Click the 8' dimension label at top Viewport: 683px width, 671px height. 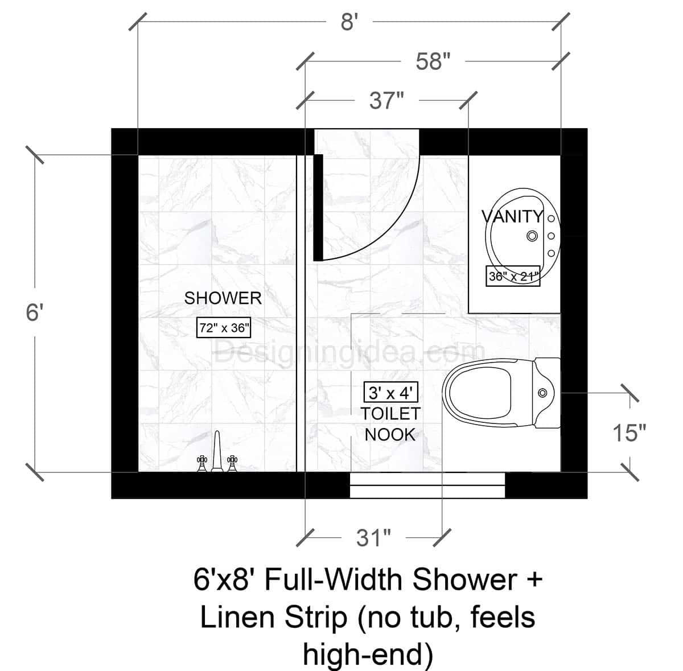349,23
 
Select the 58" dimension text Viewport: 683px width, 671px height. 433,61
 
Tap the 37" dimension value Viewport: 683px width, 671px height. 386,101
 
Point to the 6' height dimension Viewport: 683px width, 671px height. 35,312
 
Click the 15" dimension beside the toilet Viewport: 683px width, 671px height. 629,433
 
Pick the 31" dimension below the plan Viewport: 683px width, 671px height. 373,538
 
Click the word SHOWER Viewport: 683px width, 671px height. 223,298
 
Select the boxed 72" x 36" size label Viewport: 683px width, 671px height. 224,328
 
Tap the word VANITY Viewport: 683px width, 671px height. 512,216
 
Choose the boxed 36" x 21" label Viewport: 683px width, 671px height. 513,277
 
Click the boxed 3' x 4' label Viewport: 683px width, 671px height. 391,392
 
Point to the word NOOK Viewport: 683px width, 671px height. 390,434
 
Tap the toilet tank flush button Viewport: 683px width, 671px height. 542,392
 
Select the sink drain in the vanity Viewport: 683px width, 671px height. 533,235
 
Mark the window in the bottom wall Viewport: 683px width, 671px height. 427,485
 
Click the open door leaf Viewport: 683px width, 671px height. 319,207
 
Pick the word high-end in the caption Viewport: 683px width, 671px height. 368,653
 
